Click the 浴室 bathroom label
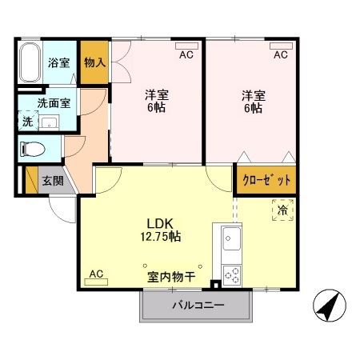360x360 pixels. pyautogui.click(x=58, y=62)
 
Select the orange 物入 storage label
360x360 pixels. pyautogui.click(x=94, y=62)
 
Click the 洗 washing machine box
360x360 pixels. pyautogui.click(x=26, y=122)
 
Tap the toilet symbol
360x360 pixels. pyautogui.click(x=35, y=148)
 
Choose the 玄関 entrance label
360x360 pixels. pyautogui.click(x=53, y=180)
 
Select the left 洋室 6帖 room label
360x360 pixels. pyautogui.click(x=156, y=101)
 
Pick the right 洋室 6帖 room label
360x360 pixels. pyautogui.click(x=253, y=101)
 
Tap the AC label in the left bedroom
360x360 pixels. pyautogui.click(x=186, y=54)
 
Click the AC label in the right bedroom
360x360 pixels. pyautogui.click(x=280, y=54)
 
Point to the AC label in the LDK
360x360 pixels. pyautogui.click(x=96, y=274)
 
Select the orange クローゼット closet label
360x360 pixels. pyautogui.click(x=266, y=180)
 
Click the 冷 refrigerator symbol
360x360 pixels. pyautogui.click(x=282, y=210)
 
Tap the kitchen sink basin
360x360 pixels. pyautogui.click(x=232, y=239)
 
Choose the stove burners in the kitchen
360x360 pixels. pyautogui.click(x=232, y=274)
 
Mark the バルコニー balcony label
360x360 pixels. pyautogui.click(x=198, y=306)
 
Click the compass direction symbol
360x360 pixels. pyautogui.click(x=330, y=306)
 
